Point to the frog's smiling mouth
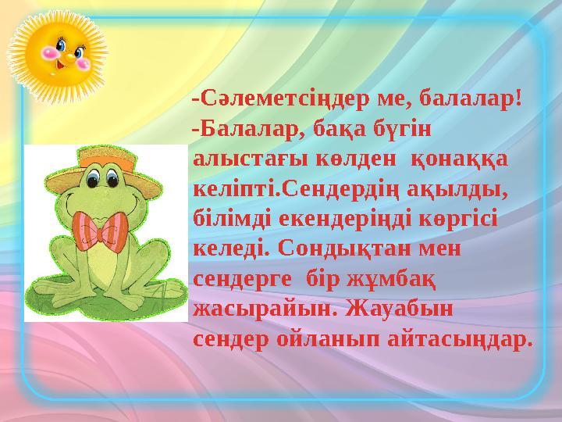(117, 207)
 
